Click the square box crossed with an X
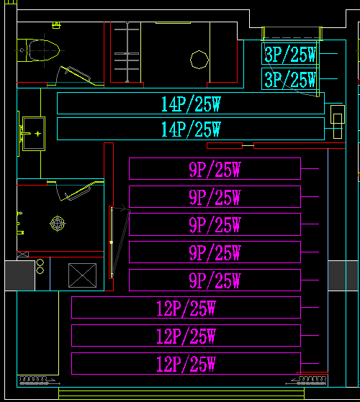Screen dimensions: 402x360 [x=81, y=275]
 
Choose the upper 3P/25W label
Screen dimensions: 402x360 [x=290, y=55]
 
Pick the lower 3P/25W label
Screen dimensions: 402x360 [x=290, y=79]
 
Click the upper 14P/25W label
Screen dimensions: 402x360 [x=190, y=104]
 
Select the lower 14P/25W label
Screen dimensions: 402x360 [x=190, y=129]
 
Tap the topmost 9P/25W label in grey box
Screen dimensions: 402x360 [x=215, y=169]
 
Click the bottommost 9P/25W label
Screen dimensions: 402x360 [x=215, y=280]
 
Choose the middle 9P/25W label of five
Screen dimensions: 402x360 [x=215, y=224]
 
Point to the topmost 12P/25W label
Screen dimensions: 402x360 [x=186, y=309]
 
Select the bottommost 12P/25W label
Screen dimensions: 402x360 [x=186, y=364]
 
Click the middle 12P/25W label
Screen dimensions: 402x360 [x=186, y=336]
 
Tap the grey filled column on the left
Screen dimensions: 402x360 [x=19, y=275]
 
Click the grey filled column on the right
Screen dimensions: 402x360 [x=338, y=275]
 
